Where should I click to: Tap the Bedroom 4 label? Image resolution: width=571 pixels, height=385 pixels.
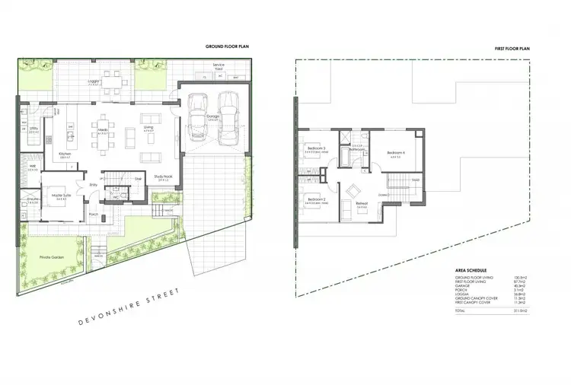pyautogui.click(x=396, y=153)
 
